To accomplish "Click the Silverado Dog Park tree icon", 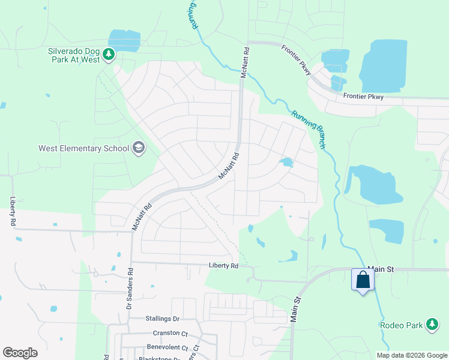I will [109, 55].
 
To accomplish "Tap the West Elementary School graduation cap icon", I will [139, 148].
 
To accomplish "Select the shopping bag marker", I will [363, 280].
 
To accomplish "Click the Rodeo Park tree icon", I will [432, 325].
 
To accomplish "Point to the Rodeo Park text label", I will [402, 325].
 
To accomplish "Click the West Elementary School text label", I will [83, 148].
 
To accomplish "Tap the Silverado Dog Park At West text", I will [74, 56].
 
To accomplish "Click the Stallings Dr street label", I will [163, 319].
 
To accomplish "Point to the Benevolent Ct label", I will [167, 347].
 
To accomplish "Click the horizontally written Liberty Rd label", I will [223, 265].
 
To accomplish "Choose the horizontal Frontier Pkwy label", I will [363, 95].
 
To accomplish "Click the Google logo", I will [20, 353].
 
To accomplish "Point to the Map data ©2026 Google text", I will [412, 355].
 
